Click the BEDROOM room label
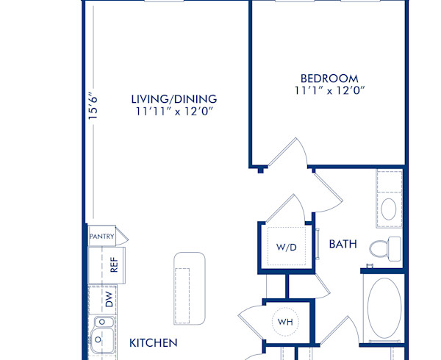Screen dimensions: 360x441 pos(329,79)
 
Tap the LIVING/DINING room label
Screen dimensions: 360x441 pos(174,99)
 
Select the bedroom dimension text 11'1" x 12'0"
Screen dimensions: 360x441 pos(329,91)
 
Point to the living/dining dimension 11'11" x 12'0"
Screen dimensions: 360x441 pos(174,112)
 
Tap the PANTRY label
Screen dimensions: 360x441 pos(101,237)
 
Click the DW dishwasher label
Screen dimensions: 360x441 pos(108,299)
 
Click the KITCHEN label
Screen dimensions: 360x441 pos(154,342)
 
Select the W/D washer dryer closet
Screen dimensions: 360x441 pos(286,247)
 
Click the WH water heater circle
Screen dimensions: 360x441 pos(285,321)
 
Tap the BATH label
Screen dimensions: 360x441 pos(343,243)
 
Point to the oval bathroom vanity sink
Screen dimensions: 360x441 pos(390,209)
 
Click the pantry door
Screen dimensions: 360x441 pos(122,237)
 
